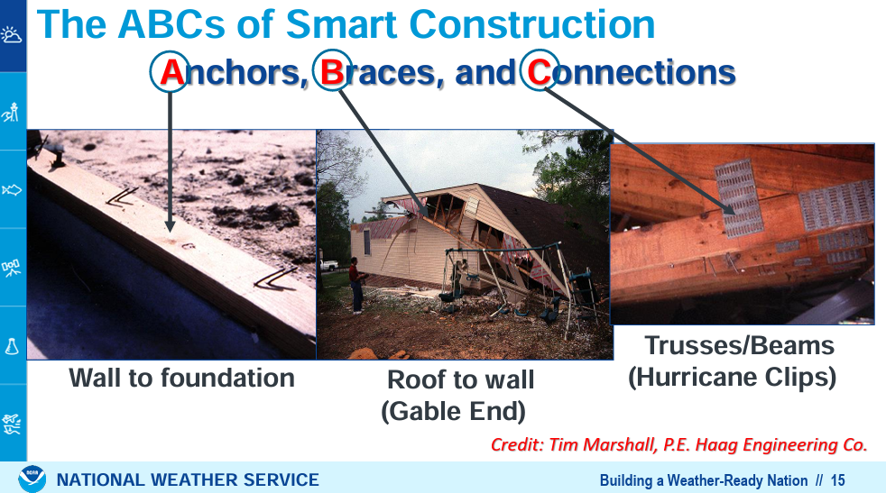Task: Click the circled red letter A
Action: coord(171,73)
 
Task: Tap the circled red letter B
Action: coord(332,73)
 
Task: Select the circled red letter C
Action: coord(539,73)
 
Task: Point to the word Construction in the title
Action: coord(531,24)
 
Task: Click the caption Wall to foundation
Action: coord(181,378)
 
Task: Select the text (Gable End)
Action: coord(453,411)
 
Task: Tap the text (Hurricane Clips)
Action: coord(733,378)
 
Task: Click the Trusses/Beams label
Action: coord(740,345)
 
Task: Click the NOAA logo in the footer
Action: coord(32,479)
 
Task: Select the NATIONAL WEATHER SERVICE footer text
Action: coord(188,480)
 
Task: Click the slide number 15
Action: coord(837,480)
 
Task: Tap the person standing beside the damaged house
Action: coord(356,285)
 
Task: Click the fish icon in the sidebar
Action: coord(12,190)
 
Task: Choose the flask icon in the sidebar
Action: coord(12,345)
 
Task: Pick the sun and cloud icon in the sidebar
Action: coord(12,35)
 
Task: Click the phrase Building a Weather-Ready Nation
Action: coord(704,480)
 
